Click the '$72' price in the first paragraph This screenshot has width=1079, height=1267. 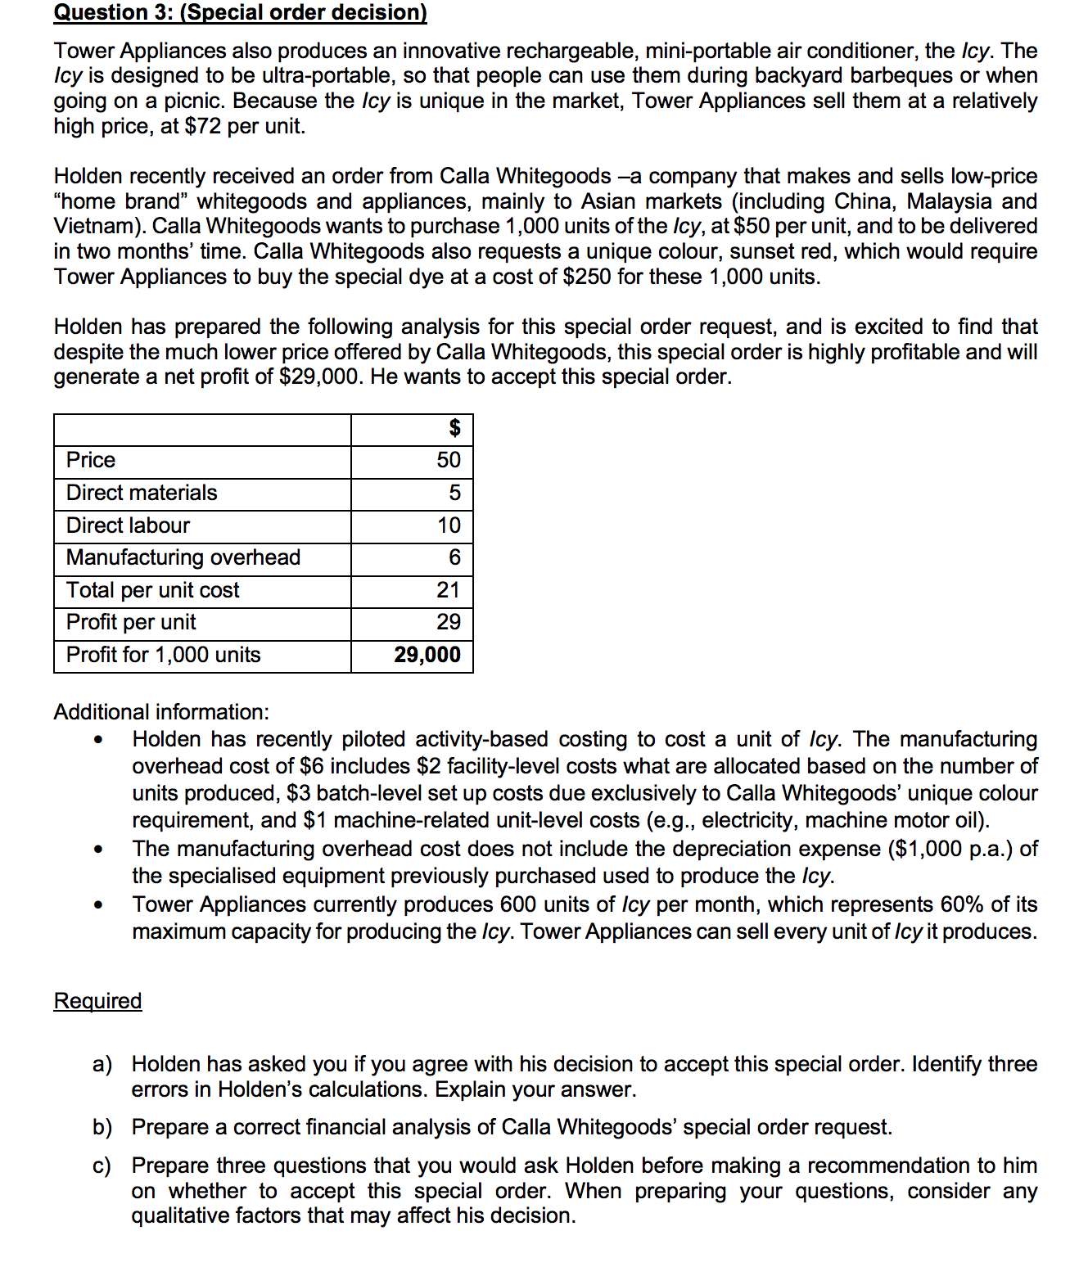pos(203,126)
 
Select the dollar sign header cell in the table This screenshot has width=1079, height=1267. pos(454,428)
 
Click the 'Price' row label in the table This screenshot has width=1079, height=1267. pos(91,460)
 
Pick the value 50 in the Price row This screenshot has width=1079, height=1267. pos(449,460)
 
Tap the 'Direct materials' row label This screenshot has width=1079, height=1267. pos(142,493)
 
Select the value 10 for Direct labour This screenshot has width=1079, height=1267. pos(449,525)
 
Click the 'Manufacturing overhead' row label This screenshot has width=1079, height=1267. pos(183,557)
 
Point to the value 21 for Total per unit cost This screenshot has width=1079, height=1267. pos(449,590)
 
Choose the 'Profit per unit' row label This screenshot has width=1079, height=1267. pos(131,622)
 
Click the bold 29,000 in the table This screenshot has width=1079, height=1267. pos(427,655)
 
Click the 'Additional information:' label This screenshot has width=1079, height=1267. pos(161,712)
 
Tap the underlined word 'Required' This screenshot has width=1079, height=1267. pos(97,1001)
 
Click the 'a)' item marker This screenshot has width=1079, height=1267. pos(102,1064)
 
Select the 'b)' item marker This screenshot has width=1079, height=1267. pos(102,1128)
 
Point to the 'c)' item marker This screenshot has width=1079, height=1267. pos(102,1166)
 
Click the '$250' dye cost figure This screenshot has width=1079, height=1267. pos(587,277)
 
